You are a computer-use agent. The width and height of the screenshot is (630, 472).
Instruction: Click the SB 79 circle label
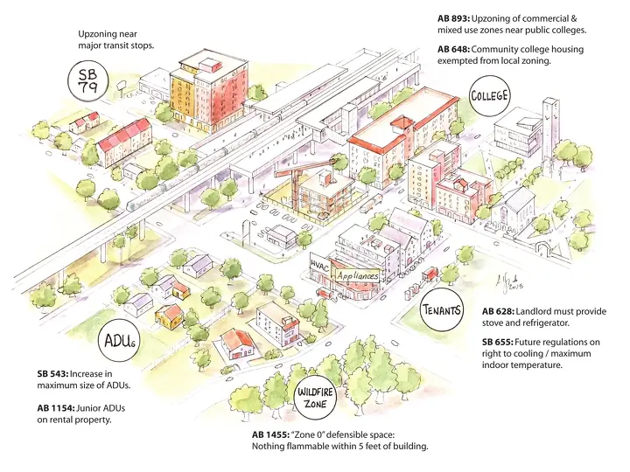pos(88,80)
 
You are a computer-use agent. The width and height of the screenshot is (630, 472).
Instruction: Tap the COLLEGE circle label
pos(489,96)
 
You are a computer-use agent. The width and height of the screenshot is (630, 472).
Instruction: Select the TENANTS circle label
pos(441,309)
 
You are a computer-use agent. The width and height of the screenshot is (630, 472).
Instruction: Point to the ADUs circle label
pos(120,342)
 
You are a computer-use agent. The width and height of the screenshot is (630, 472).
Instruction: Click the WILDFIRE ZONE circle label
pos(315,398)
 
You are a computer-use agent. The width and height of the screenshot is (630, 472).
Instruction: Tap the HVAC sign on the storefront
pos(320,265)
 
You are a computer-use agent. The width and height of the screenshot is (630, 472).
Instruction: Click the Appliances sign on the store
pos(358,275)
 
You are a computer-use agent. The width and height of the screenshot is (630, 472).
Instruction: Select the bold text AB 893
pos(453,18)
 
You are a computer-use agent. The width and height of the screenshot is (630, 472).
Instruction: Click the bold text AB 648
pos(453,49)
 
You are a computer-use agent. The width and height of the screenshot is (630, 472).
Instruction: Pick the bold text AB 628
pos(498,311)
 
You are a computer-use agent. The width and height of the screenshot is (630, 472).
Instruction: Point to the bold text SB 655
pos(497,343)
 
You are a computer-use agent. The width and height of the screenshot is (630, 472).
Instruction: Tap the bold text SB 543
pos(52,374)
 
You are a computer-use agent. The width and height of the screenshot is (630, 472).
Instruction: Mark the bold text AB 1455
pos(270,435)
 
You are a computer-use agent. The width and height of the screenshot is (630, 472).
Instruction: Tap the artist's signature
pos(509,281)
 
